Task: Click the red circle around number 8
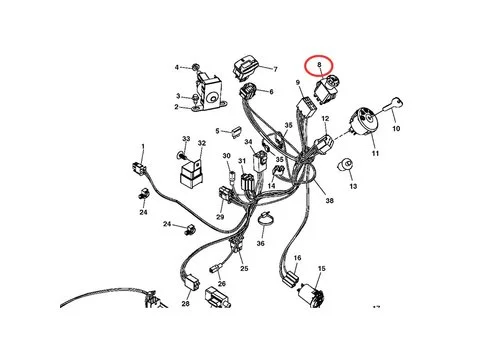click(x=318, y=56)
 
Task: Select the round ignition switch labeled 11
click(x=363, y=121)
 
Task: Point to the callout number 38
click(x=329, y=200)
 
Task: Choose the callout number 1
click(x=143, y=146)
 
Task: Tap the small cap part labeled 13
click(x=345, y=165)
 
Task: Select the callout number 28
click(x=185, y=303)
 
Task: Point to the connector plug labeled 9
click(x=307, y=106)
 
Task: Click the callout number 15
click(x=321, y=268)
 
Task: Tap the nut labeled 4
click(x=195, y=68)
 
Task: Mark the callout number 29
click(x=220, y=217)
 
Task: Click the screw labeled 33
click(x=180, y=155)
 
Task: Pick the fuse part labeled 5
click(x=236, y=131)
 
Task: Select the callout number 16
click(x=298, y=258)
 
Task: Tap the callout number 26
click(x=222, y=284)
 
